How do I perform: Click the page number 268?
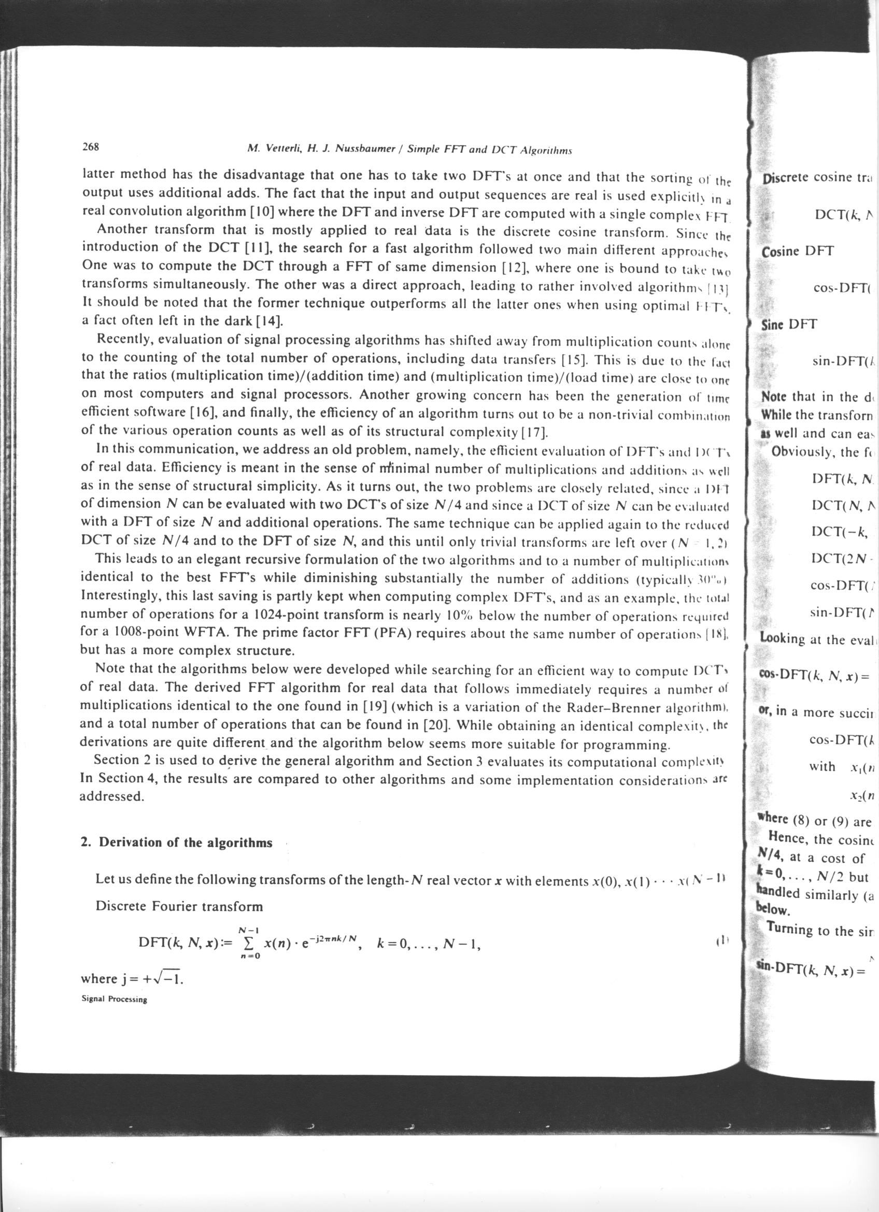click(x=92, y=148)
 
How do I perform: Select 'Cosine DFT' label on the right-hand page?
click(x=798, y=251)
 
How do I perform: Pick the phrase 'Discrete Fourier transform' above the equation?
click(x=179, y=906)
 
